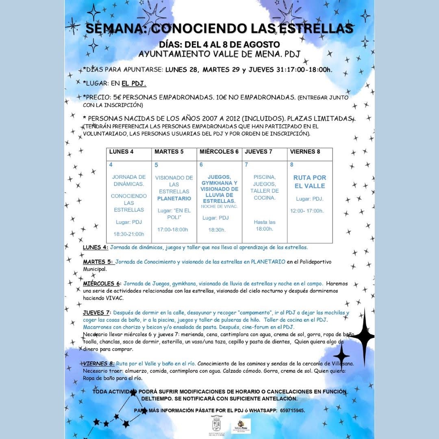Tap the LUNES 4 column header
click(122, 152)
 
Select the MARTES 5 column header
click(169, 152)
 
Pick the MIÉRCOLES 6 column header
click(219, 152)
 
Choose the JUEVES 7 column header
click(259, 152)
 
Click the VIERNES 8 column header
click(305, 152)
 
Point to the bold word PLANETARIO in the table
click(174, 198)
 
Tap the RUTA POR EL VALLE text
click(310, 182)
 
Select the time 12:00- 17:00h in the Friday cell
click(307, 211)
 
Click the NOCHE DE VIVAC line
click(219, 206)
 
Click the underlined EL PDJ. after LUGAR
click(134, 83)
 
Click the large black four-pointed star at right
click(363, 335)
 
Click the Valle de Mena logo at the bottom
click(241, 426)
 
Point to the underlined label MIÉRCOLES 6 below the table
click(101, 283)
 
